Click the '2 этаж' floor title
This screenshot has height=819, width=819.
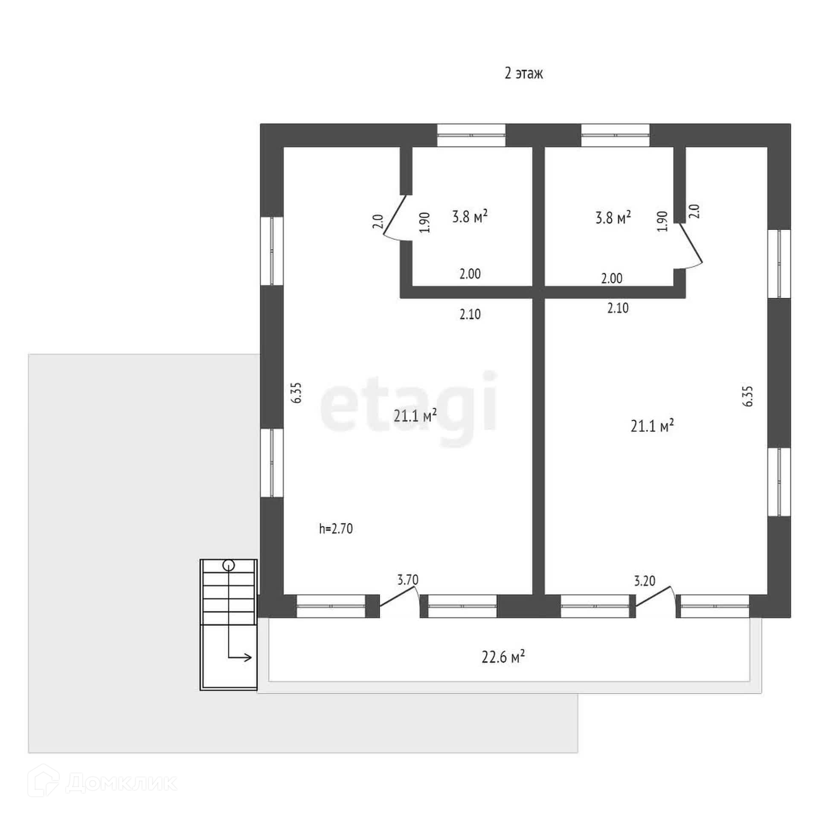[523, 74]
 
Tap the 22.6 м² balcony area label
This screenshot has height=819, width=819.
[503, 656]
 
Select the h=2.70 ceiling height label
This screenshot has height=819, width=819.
[336, 529]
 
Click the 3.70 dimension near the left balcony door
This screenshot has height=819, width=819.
[408, 580]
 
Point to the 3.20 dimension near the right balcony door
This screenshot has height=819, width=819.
[645, 581]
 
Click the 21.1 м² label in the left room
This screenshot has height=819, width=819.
[415, 415]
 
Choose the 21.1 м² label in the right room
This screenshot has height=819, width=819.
[652, 426]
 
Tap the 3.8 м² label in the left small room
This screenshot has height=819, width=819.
[470, 217]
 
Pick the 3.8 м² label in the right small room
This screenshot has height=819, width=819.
[613, 218]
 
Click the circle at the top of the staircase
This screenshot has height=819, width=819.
[229, 566]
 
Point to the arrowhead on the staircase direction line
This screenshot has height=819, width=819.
[248, 657]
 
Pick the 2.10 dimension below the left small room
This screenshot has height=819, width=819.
[470, 314]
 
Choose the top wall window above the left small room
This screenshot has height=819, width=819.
[471, 135]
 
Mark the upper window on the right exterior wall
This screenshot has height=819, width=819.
[779, 264]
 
